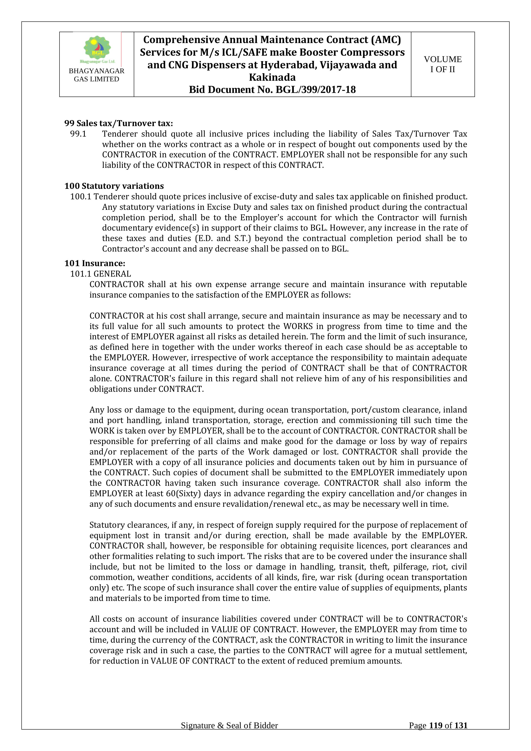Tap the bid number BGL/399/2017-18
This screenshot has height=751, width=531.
[x=315, y=90]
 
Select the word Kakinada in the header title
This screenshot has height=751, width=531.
[x=272, y=77]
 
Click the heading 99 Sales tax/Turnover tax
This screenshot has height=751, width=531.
[x=119, y=123]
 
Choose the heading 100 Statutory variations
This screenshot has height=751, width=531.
[x=114, y=186]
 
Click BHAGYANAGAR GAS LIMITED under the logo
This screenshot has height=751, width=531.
[x=97, y=75]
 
